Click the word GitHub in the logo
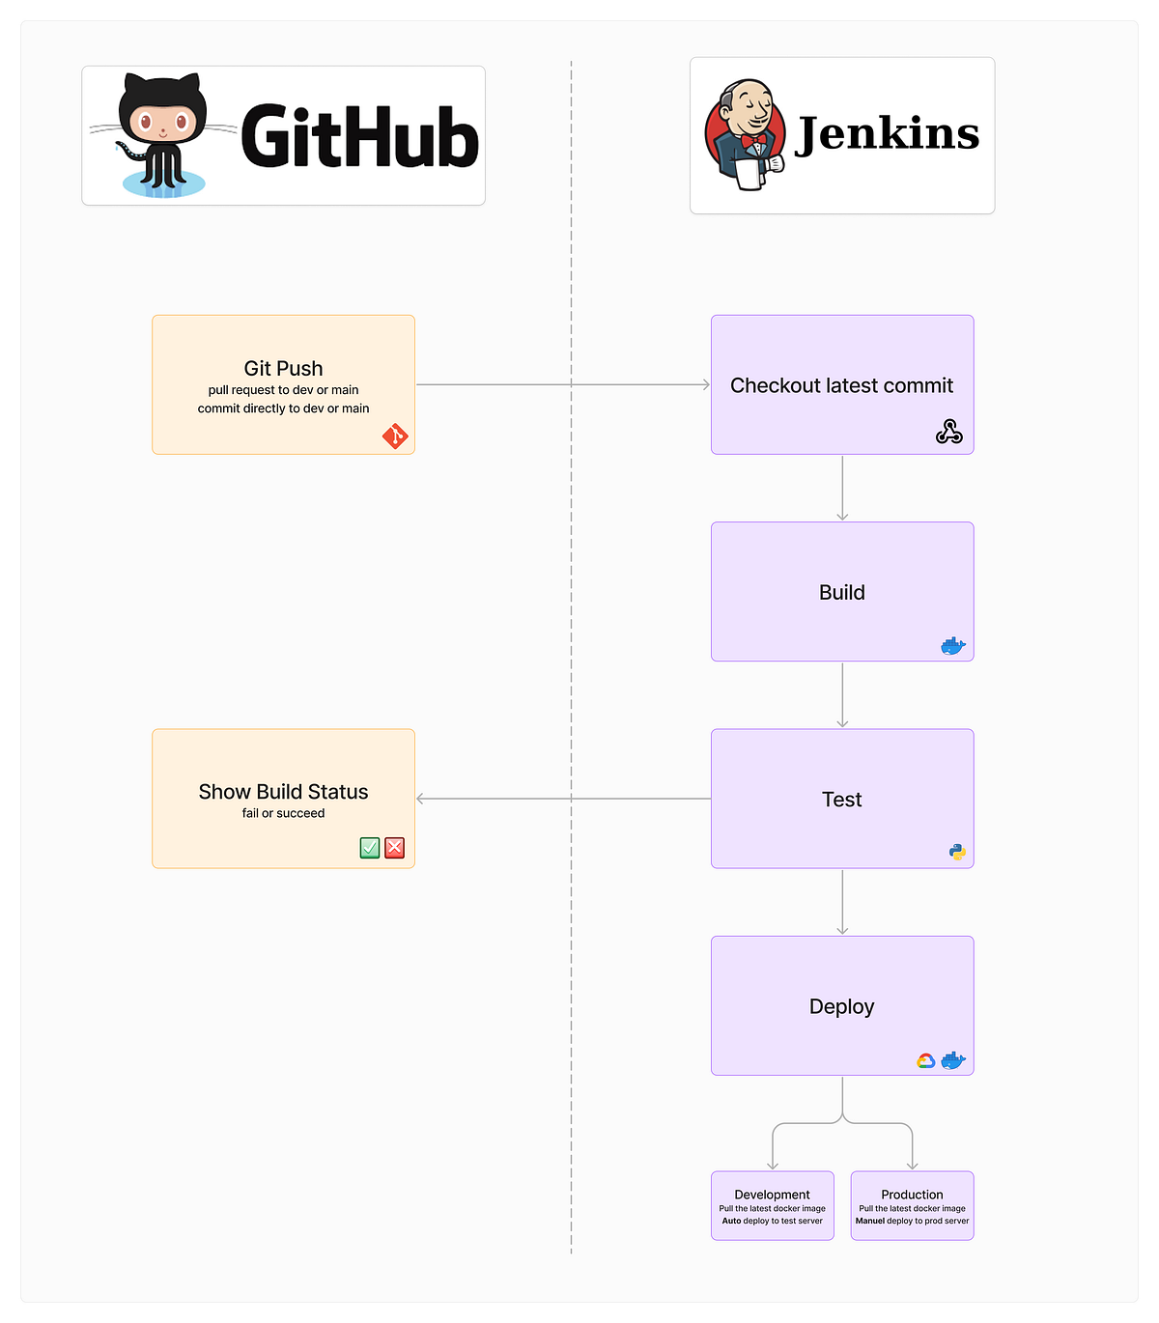click(359, 137)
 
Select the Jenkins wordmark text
click(887, 133)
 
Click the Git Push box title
click(283, 368)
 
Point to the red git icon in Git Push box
click(395, 436)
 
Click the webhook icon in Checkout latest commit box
click(948, 432)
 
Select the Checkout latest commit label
click(841, 385)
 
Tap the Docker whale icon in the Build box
click(952, 646)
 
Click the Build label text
click(841, 592)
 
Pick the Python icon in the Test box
click(957, 852)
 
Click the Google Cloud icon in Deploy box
click(925, 1060)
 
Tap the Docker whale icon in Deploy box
click(953, 1060)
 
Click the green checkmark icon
click(370, 848)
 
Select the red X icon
click(394, 848)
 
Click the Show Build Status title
click(283, 792)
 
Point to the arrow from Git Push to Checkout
click(563, 384)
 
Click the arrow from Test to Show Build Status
click(563, 799)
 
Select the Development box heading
click(772, 1195)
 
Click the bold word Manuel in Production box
click(869, 1221)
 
